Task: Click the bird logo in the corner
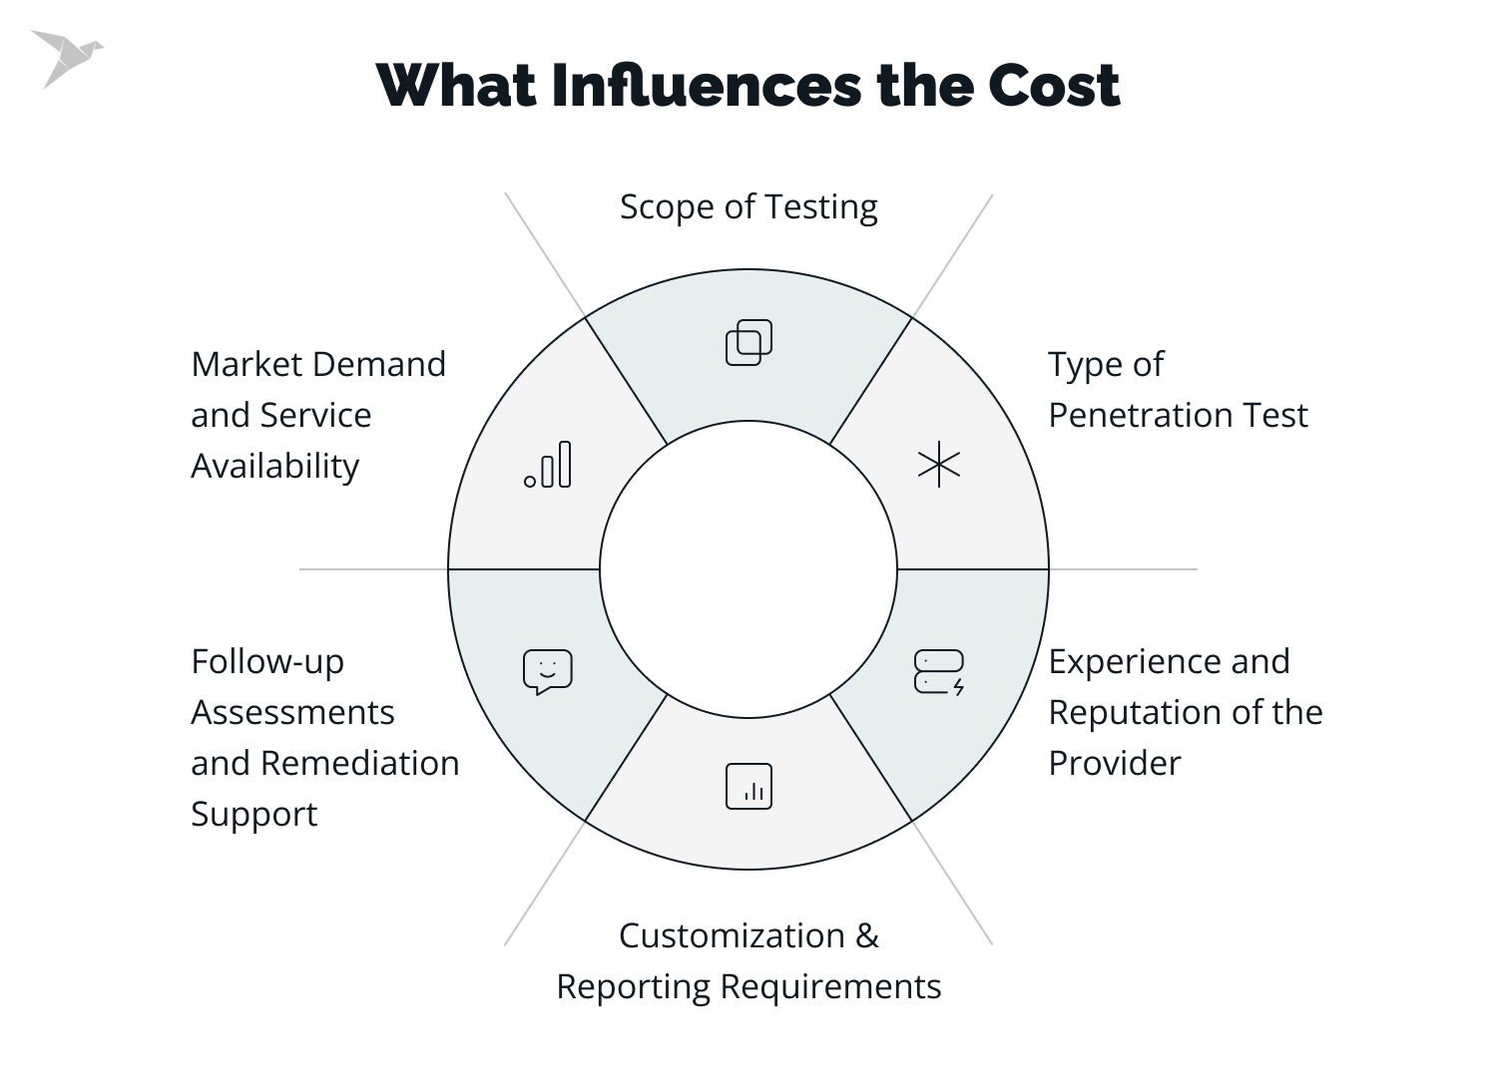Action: pos(66,57)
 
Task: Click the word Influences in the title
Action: pos(706,86)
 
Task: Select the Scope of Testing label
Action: pos(748,206)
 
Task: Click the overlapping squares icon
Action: pos(748,342)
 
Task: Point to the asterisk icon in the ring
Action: pos(939,465)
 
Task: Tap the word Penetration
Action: pos(1134,415)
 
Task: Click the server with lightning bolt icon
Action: pos(939,672)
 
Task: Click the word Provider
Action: pos(1114,763)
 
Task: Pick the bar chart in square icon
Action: pos(748,786)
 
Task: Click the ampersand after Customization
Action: pos(867,935)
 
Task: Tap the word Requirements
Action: pos(830,986)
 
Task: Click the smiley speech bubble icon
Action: pos(548,672)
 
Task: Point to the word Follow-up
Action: pos(267,661)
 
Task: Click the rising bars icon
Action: pos(548,465)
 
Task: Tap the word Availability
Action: pos(274,466)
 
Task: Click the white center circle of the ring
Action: pos(748,569)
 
